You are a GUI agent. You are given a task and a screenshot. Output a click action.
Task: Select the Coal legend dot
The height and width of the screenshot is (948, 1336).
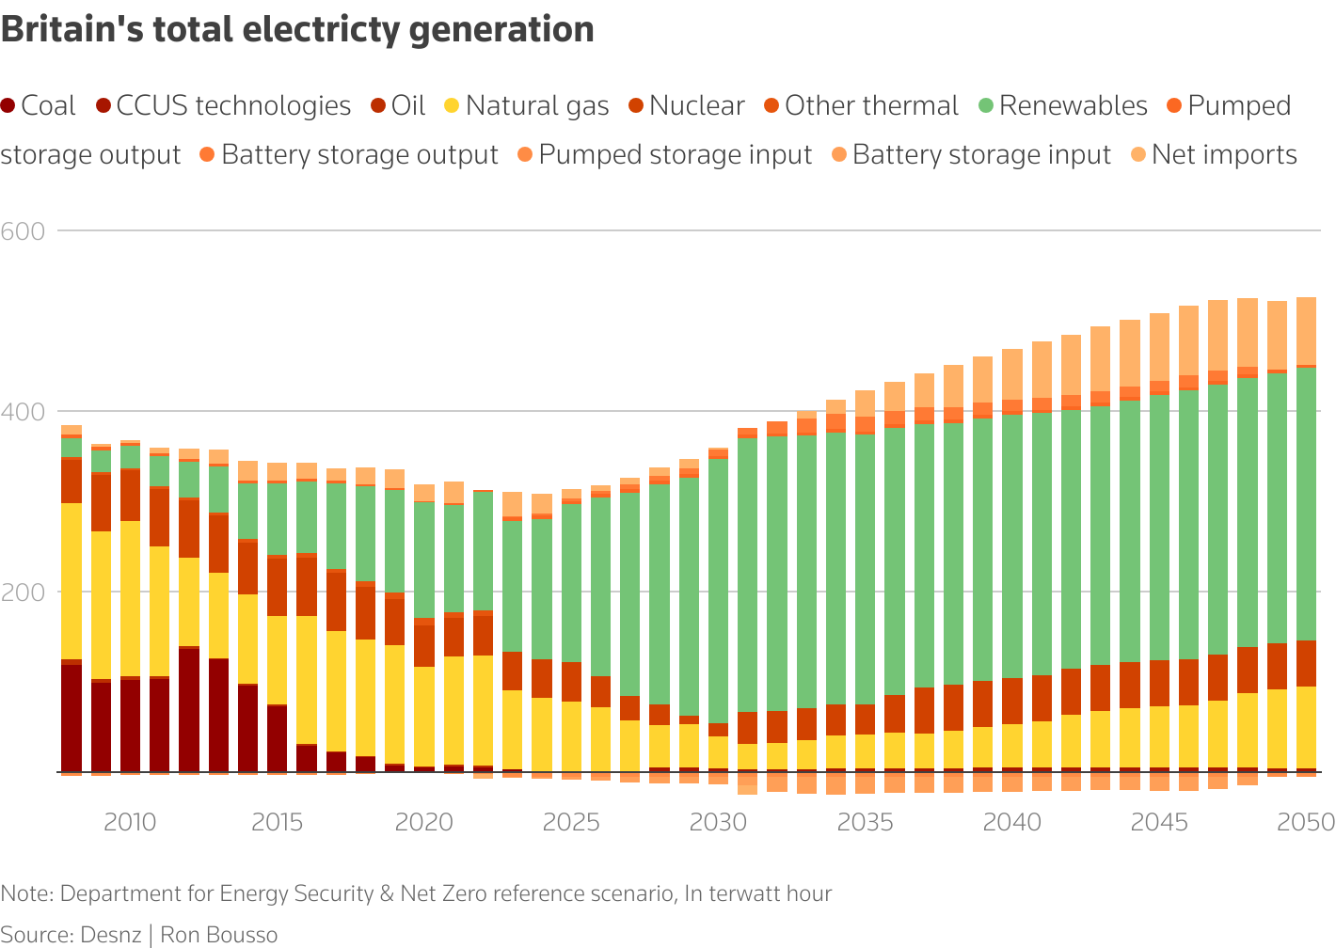(8, 106)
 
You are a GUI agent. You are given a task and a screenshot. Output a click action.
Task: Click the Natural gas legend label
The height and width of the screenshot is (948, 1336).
(537, 106)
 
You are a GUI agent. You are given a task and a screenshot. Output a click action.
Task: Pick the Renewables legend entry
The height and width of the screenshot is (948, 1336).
(1073, 106)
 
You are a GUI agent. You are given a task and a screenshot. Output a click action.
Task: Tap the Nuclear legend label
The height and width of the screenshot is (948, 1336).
(696, 106)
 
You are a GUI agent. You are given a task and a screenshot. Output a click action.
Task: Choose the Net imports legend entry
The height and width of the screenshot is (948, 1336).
(1224, 155)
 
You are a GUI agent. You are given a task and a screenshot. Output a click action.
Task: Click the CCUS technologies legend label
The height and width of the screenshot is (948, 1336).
(233, 106)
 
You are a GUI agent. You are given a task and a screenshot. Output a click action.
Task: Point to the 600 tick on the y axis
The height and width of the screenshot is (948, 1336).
(24, 231)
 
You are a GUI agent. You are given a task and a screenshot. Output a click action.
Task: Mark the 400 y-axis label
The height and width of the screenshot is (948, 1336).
(24, 412)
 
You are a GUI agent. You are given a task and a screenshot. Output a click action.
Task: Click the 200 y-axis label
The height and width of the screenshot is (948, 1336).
(24, 592)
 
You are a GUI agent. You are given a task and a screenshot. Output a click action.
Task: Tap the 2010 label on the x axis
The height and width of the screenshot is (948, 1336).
(130, 823)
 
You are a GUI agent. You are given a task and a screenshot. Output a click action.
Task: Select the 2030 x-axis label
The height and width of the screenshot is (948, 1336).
(718, 823)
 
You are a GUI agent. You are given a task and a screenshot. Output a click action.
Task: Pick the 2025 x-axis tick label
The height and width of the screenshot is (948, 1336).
(571, 823)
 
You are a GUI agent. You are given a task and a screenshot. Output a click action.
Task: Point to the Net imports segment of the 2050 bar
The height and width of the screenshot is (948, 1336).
(1306, 330)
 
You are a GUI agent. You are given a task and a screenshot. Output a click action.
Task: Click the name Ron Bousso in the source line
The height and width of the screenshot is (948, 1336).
(219, 935)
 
